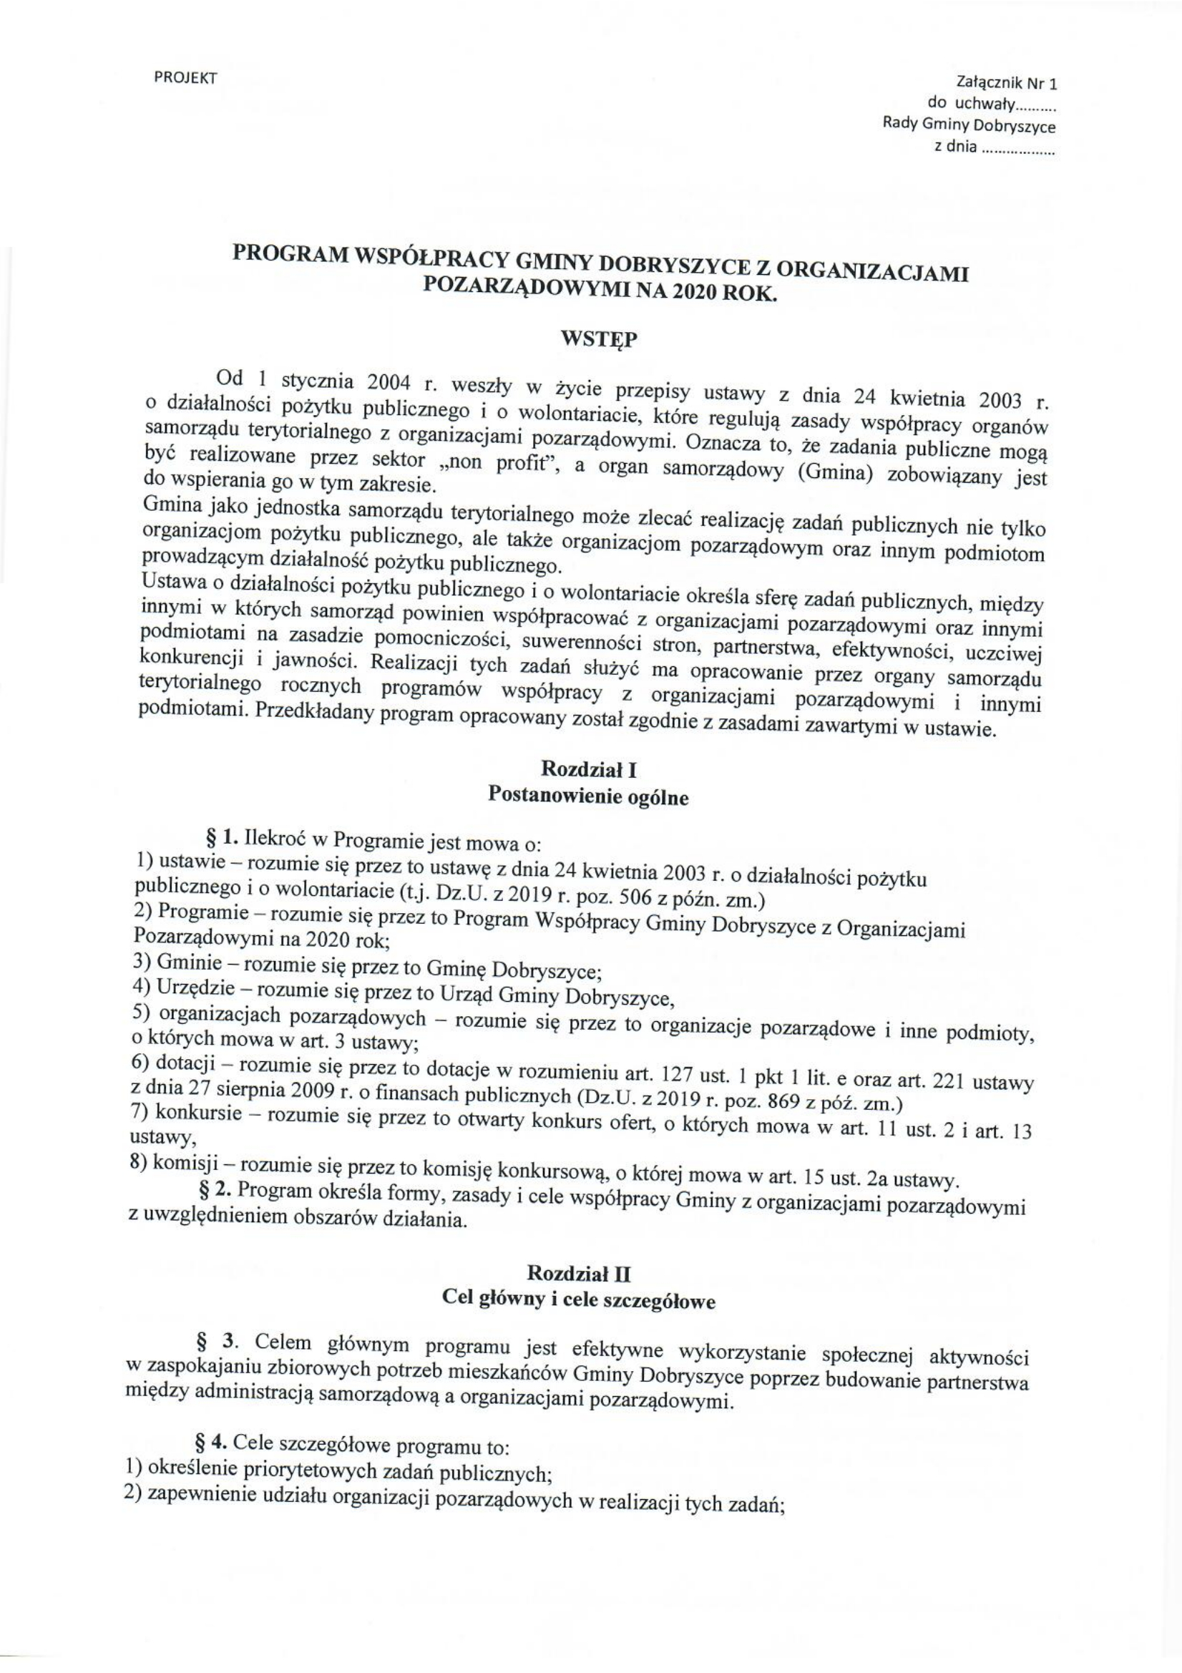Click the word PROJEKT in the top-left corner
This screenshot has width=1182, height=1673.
[x=186, y=78]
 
